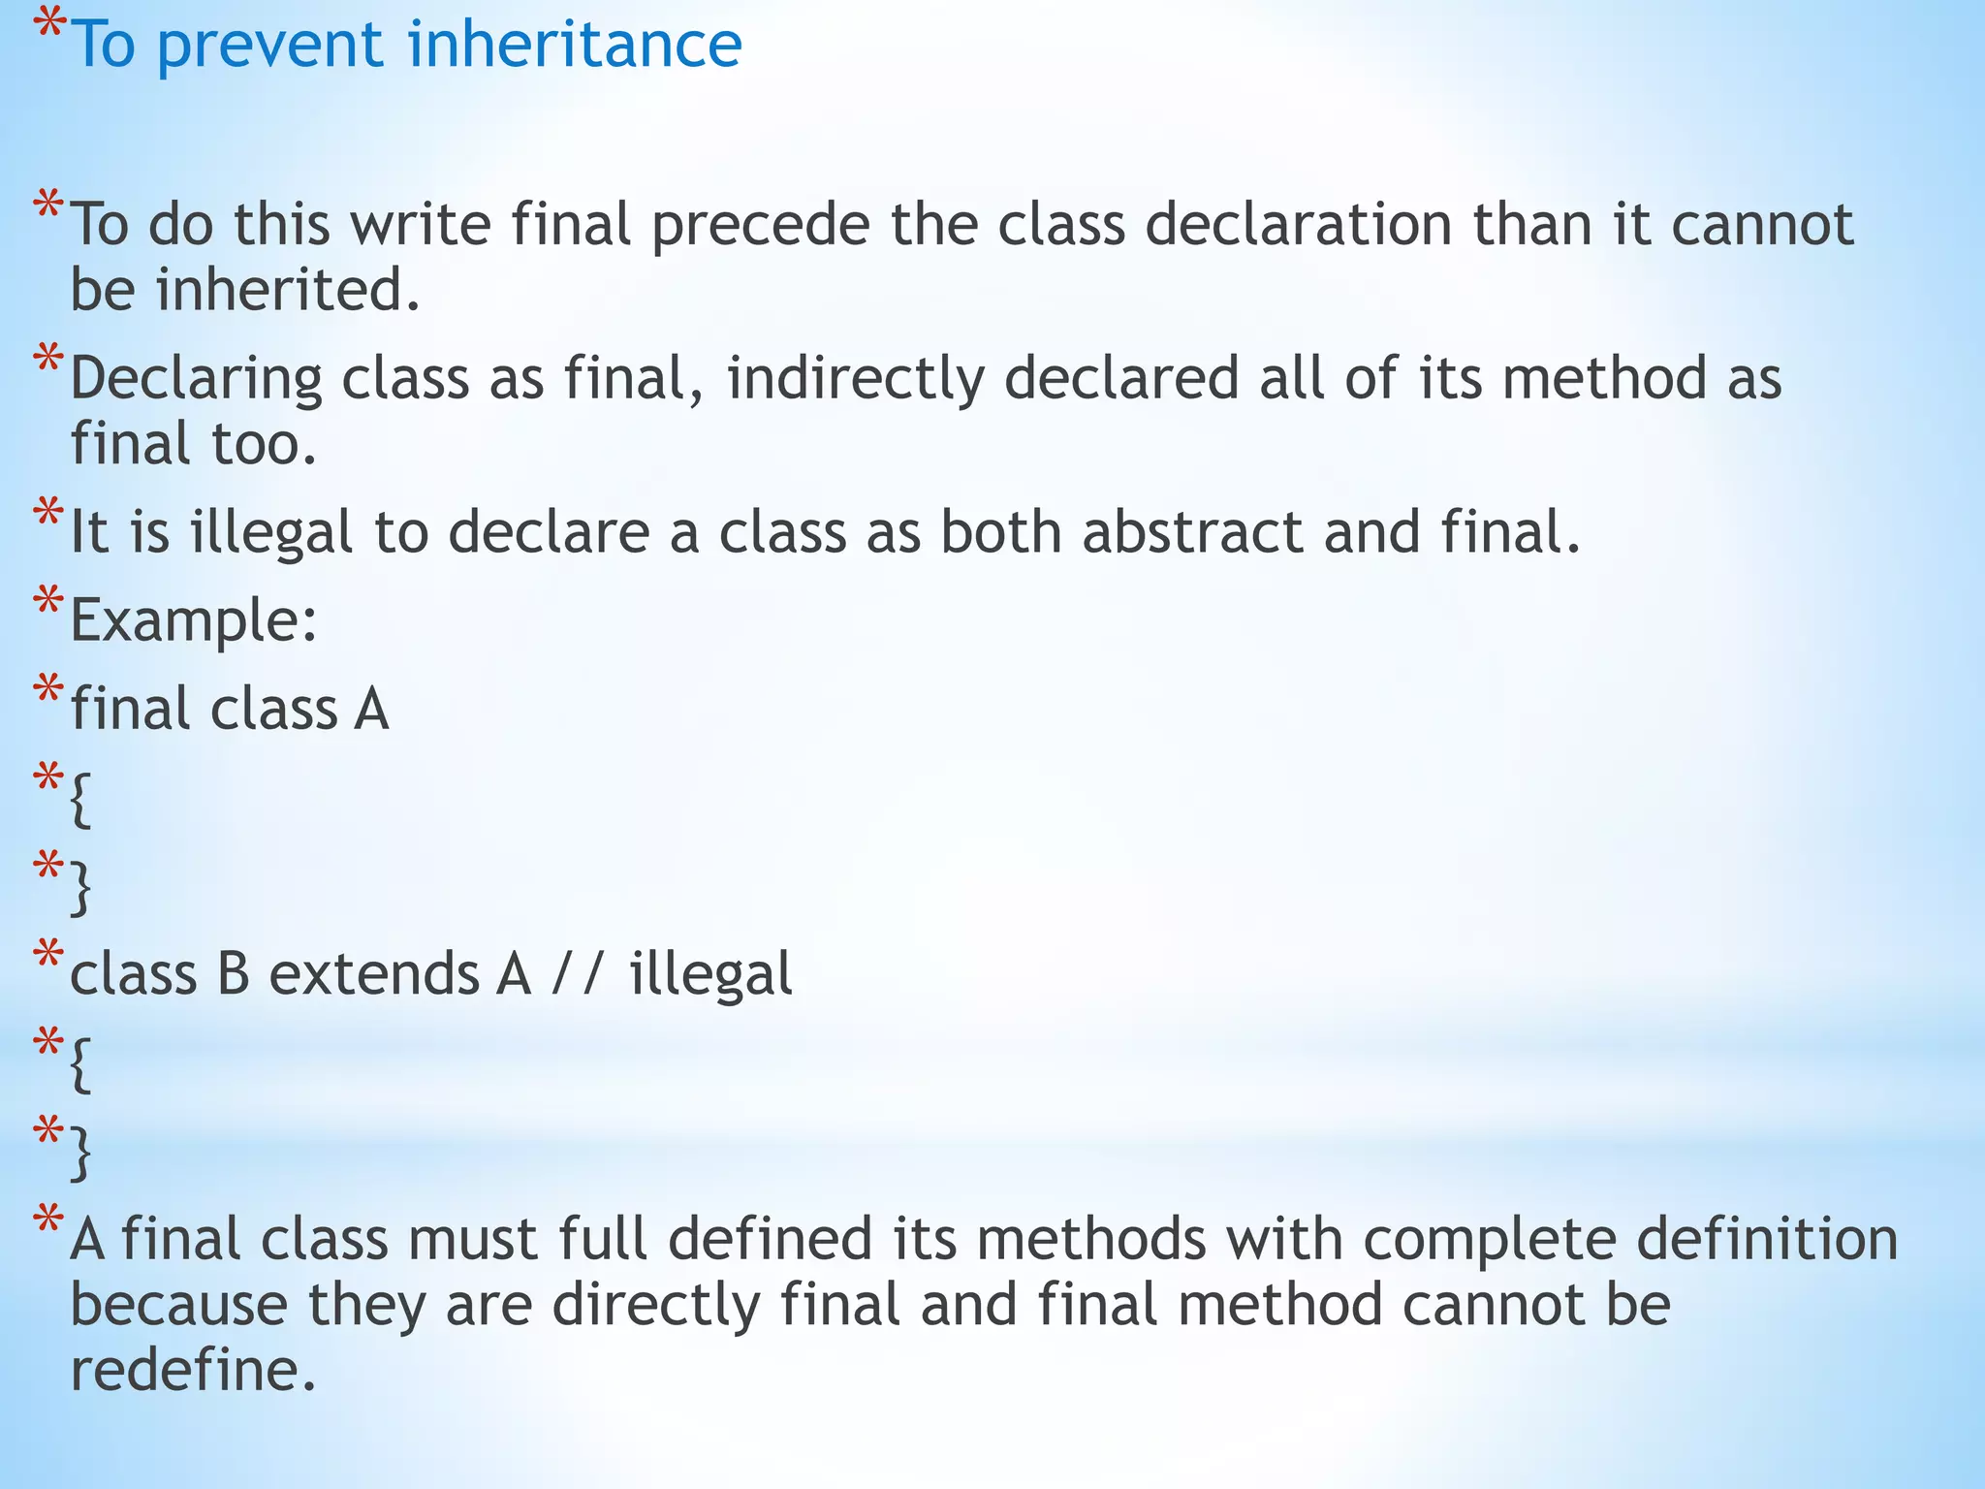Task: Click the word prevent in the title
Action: click(268, 46)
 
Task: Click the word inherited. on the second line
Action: click(288, 290)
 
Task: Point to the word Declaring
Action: click(196, 379)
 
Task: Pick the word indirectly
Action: click(855, 379)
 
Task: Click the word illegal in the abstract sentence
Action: click(270, 533)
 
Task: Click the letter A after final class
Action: click(371, 709)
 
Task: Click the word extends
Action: click(373, 973)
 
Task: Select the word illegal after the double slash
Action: click(710, 973)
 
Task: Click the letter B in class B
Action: click(234, 973)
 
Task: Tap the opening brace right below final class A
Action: click(81, 799)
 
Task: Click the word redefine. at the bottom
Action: click(194, 1371)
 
